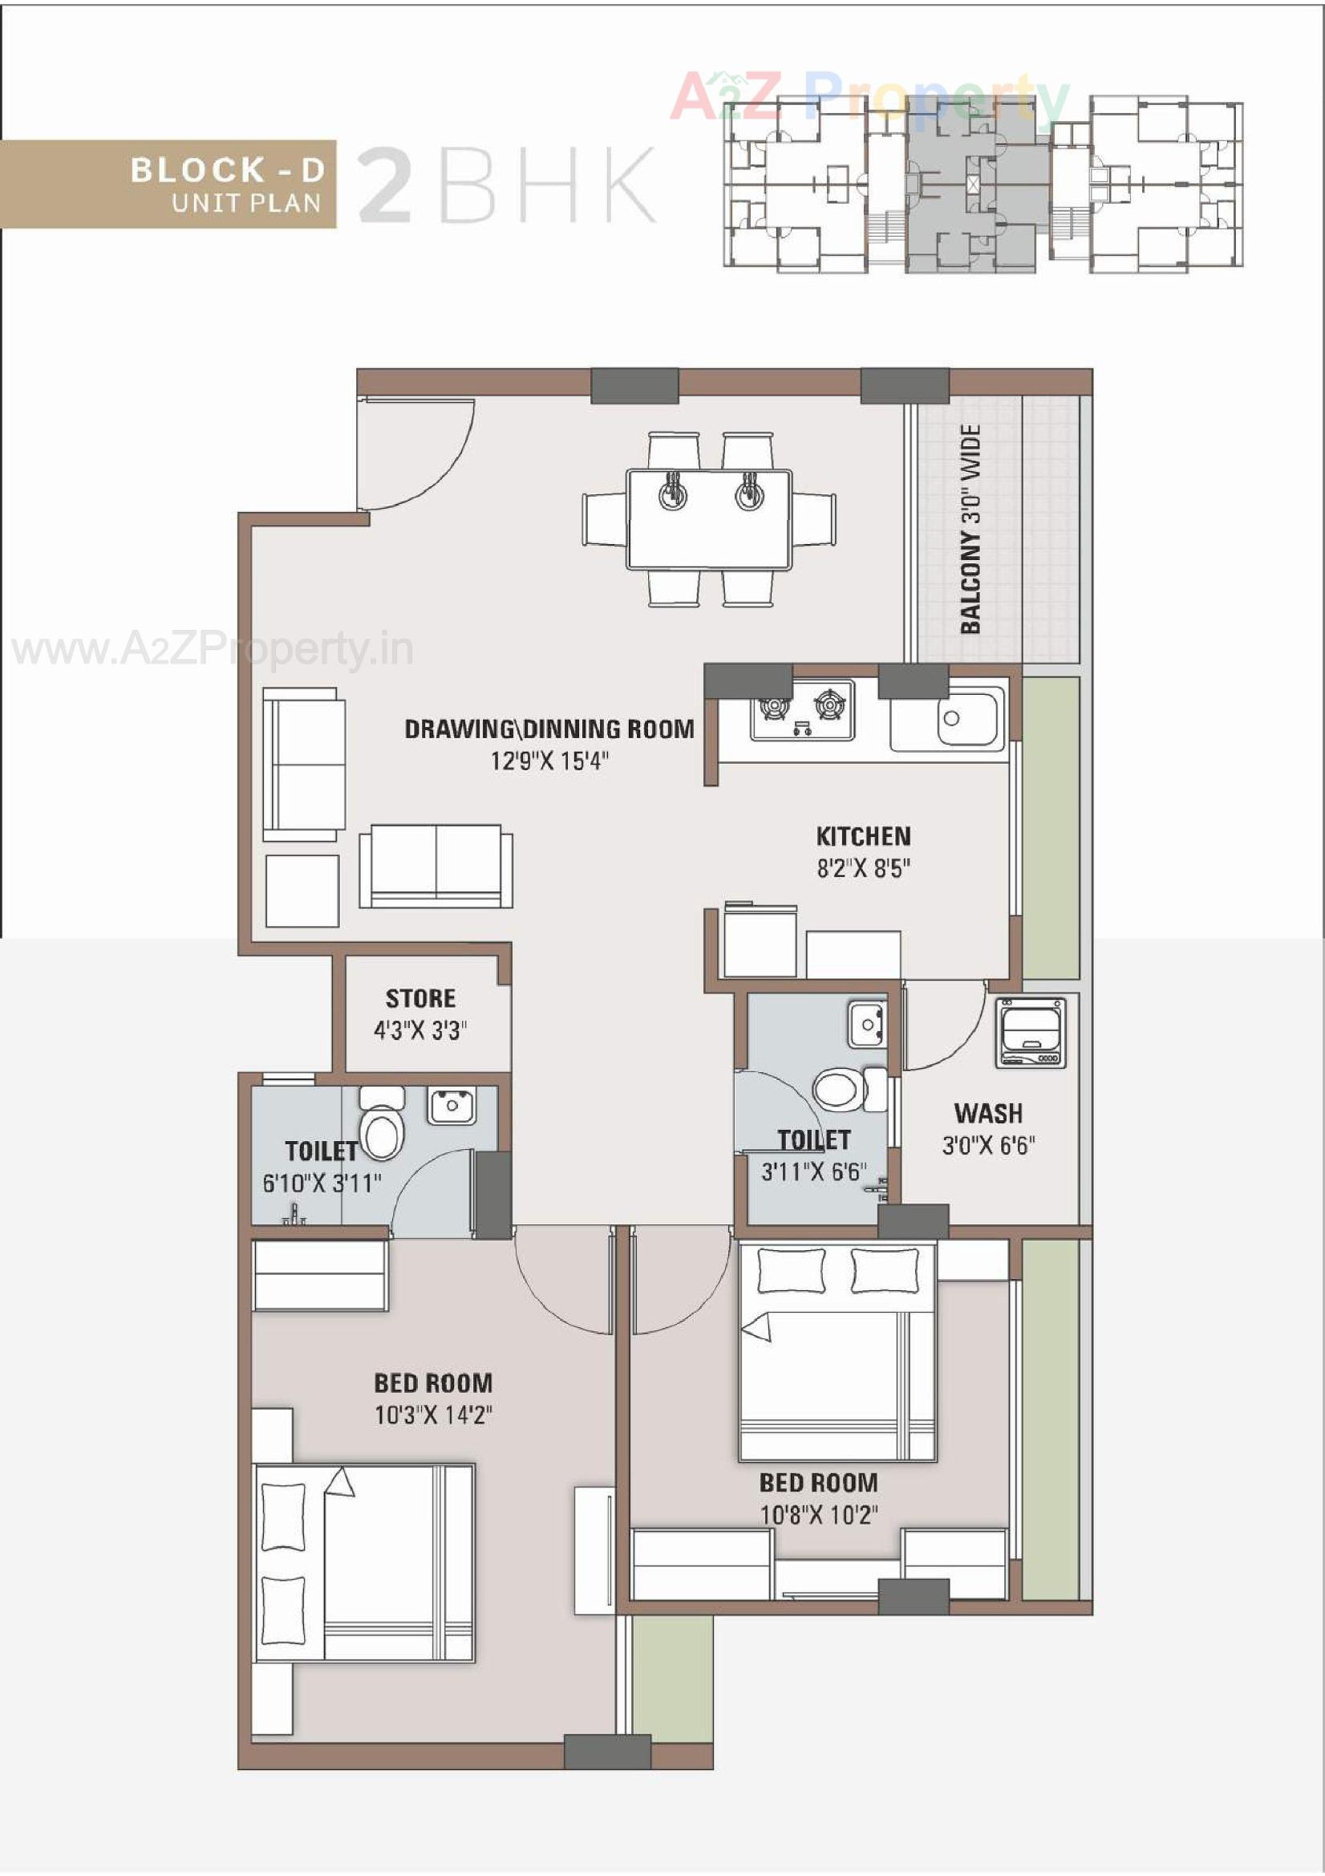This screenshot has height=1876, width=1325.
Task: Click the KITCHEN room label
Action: pyautogui.click(x=863, y=836)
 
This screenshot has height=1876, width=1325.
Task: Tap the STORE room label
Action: pyautogui.click(x=420, y=998)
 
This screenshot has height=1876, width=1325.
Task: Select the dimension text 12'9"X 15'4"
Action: pyautogui.click(x=549, y=761)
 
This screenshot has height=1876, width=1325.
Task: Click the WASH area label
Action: pyautogui.click(x=987, y=1113)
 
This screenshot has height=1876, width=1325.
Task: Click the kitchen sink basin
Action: pyautogui.click(x=969, y=718)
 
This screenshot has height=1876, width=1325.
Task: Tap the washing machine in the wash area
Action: pyautogui.click(x=1031, y=1033)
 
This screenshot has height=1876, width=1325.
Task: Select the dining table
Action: pyautogui.click(x=708, y=519)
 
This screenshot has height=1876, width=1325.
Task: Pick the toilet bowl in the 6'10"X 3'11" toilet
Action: pyautogui.click(x=382, y=1133)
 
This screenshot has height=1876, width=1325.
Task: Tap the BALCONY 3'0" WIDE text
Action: pyautogui.click(x=970, y=529)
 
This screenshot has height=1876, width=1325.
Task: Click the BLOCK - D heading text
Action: pyautogui.click(x=228, y=170)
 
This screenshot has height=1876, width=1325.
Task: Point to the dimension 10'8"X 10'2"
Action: pyautogui.click(x=819, y=1515)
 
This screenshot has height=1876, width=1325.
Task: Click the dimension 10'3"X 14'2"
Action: pyautogui.click(x=433, y=1415)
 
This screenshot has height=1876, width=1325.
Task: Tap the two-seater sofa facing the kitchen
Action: pyautogui.click(x=436, y=866)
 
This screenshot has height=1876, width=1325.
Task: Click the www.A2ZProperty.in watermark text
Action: pyautogui.click(x=213, y=652)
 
